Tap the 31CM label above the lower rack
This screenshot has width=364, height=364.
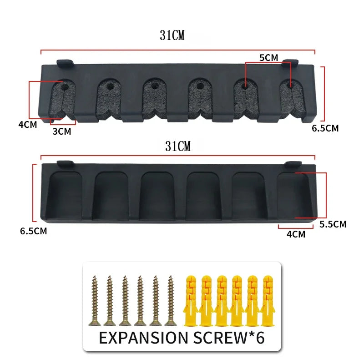(x=178, y=147)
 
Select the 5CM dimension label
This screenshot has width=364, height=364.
(x=268, y=58)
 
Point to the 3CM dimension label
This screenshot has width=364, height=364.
(x=61, y=131)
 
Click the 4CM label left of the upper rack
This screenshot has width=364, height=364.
(x=28, y=124)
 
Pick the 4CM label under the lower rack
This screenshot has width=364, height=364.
(x=296, y=234)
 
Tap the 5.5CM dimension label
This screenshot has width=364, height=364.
(x=333, y=224)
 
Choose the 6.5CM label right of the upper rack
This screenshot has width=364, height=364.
(x=325, y=128)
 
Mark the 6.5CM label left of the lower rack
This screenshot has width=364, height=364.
(x=33, y=231)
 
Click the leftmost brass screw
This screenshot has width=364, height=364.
(x=95, y=300)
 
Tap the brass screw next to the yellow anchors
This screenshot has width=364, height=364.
(x=171, y=300)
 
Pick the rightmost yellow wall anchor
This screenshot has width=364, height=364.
(x=266, y=300)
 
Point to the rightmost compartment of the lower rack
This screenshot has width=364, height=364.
(x=293, y=195)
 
